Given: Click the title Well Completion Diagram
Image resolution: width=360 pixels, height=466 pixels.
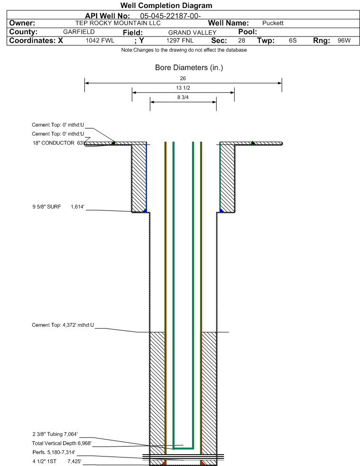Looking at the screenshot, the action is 166,5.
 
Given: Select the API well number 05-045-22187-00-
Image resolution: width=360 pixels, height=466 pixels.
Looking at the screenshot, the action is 170,16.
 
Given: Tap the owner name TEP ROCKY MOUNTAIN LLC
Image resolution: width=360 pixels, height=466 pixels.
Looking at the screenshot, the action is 118,23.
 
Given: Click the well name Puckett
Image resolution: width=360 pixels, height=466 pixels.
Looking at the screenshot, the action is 273,23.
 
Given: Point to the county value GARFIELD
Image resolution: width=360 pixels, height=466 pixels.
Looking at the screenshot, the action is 79,32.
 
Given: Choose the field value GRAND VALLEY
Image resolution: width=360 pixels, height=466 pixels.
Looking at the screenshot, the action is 193,32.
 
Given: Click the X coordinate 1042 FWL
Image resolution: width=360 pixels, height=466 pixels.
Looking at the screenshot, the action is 100,40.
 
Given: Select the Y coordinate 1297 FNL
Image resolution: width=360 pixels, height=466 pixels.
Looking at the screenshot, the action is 180,40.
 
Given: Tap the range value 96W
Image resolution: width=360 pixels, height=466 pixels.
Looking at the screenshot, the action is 344,40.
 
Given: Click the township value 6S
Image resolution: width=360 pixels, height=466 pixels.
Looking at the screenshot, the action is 293,40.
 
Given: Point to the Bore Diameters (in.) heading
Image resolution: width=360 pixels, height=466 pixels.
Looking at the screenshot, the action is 189,68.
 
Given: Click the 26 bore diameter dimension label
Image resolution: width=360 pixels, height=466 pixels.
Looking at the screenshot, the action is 183,78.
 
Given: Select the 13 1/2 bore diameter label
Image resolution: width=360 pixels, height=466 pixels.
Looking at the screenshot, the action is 183,88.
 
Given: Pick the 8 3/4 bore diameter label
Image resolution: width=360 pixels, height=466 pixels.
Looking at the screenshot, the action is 183,97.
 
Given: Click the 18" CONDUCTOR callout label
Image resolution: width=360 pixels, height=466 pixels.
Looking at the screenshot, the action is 54,143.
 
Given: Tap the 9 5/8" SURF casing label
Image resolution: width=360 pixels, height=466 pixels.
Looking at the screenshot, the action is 46,207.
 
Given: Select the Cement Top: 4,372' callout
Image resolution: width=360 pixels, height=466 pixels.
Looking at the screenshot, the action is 63,325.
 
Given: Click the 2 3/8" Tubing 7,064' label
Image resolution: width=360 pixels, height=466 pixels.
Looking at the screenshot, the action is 55,434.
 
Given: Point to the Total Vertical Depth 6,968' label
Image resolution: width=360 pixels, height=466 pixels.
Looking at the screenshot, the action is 62,443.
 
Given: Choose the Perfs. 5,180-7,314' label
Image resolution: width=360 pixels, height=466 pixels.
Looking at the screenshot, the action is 54,452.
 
